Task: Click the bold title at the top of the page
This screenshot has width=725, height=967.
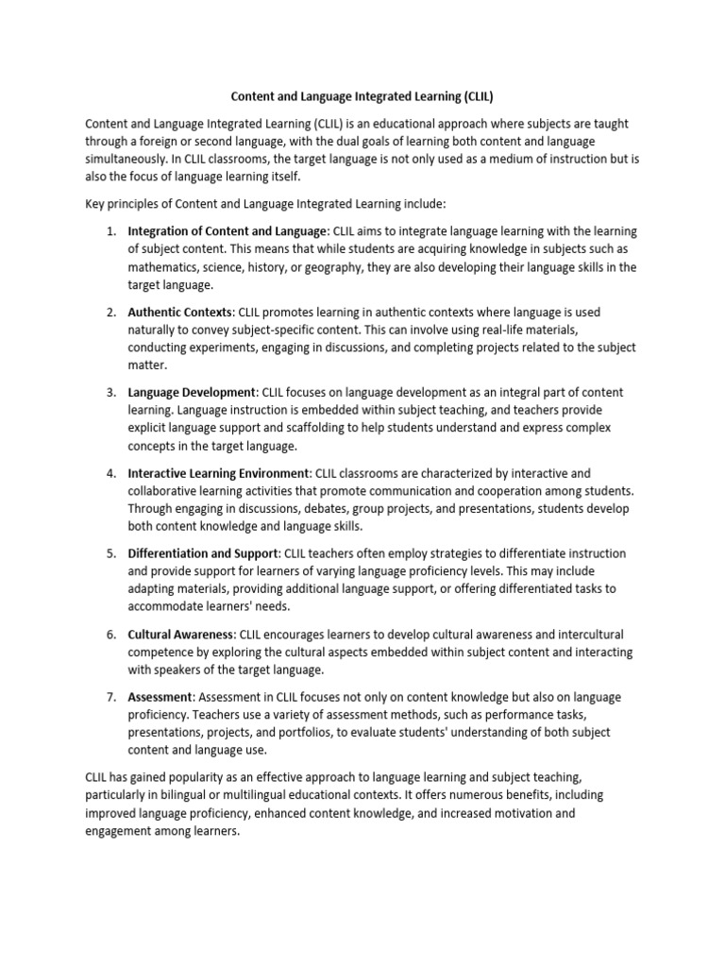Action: pos(362,95)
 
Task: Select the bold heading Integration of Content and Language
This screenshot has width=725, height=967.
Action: pos(227,231)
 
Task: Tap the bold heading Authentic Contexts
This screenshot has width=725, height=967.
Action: pos(179,312)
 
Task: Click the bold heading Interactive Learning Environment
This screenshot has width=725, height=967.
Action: pos(218,472)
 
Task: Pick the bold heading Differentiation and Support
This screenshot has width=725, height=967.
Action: pos(203,552)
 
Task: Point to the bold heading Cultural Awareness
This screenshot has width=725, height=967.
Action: pos(180,634)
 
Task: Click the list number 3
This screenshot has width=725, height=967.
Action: pos(110,392)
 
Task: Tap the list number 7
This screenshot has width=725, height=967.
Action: pos(110,697)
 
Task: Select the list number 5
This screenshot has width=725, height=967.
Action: pos(110,552)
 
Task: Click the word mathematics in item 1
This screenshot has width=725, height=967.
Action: pos(165,267)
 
